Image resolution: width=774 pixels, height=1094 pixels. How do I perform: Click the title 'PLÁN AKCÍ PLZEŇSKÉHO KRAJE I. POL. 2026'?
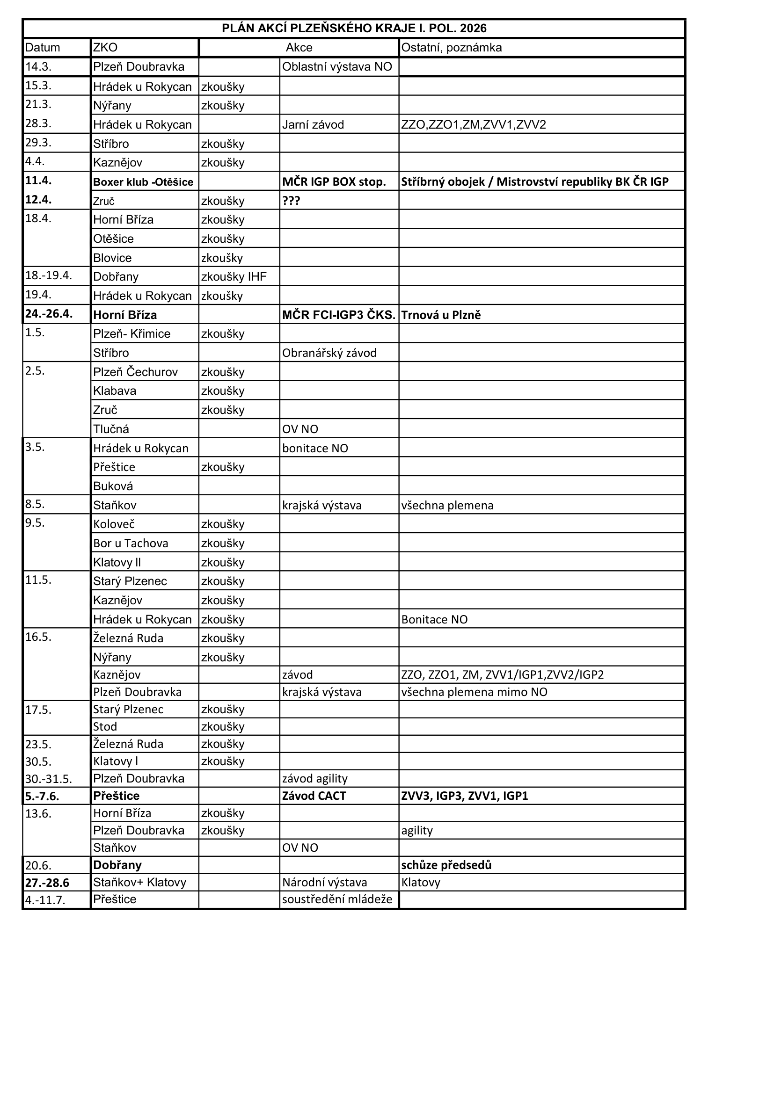point(354,29)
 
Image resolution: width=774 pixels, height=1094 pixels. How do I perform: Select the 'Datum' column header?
point(43,48)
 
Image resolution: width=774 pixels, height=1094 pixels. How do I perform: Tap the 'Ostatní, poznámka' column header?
point(451,48)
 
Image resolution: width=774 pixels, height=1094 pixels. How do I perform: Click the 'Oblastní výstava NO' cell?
point(337,67)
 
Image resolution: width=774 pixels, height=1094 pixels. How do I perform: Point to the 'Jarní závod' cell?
point(313,125)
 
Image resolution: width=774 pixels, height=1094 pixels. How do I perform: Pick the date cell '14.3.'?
point(38,67)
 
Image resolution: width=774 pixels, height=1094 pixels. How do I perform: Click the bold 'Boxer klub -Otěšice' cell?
point(143,182)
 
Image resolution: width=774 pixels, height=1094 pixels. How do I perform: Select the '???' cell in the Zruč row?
point(291,201)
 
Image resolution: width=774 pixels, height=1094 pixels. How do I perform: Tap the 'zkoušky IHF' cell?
point(234,276)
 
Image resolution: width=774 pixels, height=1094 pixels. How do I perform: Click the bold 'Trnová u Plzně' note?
point(441,315)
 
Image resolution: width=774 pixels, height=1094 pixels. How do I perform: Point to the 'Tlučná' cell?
point(111,429)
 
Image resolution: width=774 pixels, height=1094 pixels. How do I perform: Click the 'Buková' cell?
point(113,486)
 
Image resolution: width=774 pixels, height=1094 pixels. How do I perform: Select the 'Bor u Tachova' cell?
point(131,543)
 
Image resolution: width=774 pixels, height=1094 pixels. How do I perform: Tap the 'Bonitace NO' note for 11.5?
point(434,619)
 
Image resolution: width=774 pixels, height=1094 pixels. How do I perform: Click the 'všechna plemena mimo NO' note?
point(474,692)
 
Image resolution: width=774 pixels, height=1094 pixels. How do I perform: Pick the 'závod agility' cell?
point(314,779)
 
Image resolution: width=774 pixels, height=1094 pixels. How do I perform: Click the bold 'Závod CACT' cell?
point(314,796)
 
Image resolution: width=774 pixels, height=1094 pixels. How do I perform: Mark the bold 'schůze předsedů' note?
point(446,865)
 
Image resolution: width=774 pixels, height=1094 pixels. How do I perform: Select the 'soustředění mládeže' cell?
point(337,899)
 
